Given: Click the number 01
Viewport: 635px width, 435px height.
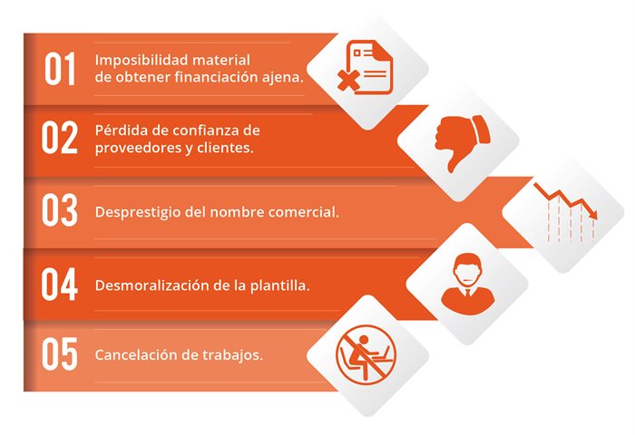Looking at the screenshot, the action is point(60,68).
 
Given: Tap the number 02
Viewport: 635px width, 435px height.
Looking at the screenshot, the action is point(60,138).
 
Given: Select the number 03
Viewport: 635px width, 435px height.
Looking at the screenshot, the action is point(60,209).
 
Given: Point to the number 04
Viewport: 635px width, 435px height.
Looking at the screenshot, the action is point(60,284).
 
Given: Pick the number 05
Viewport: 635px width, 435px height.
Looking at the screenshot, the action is point(60,353).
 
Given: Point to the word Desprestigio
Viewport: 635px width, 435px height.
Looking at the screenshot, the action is point(138,212).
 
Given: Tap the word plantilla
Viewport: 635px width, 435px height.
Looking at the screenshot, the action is point(279,285).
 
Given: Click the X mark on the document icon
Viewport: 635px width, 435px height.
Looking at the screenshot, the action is point(348,81).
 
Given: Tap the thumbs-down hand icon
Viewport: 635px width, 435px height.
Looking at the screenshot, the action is point(462,142).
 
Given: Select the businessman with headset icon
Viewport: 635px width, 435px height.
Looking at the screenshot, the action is point(468,285).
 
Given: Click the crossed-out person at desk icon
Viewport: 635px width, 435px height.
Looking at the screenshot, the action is point(366,355).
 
